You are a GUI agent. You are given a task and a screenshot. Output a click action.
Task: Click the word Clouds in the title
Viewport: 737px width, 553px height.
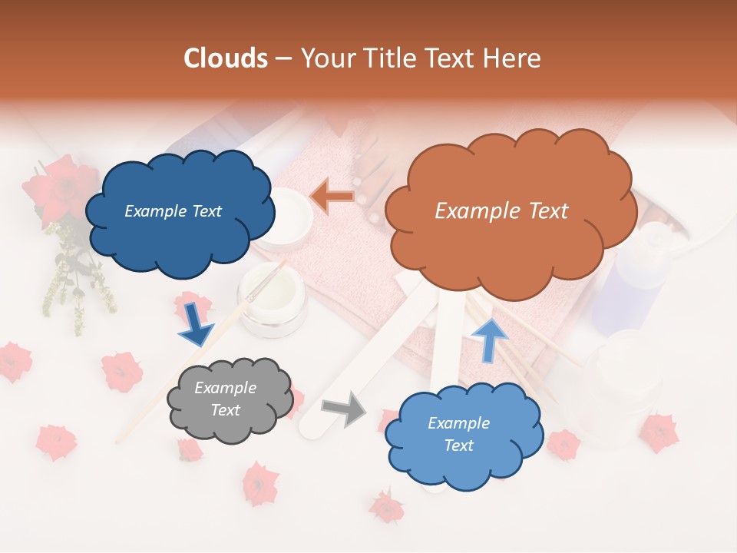click(x=226, y=58)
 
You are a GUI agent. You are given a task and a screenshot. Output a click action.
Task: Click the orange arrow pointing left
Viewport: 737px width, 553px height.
click(x=332, y=197)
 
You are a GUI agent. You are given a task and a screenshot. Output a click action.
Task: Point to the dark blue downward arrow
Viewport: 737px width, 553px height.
click(x=196, y=323)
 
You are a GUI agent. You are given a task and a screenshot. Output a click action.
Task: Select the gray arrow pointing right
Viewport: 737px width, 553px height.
click(x=345, y=409)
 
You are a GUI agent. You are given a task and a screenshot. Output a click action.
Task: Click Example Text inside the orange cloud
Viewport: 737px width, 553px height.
click(x=501, y=211)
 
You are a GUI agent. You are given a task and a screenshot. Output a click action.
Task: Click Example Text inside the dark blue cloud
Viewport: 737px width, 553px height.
click(x=173, y=211)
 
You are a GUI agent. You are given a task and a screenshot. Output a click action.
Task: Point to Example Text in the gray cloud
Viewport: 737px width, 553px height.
click(x=225, y=399)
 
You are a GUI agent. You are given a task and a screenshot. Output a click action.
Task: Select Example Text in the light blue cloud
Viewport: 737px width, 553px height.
click(x=458, y=434)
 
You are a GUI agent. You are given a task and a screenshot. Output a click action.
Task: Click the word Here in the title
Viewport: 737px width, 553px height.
click(x=511, y=58)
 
